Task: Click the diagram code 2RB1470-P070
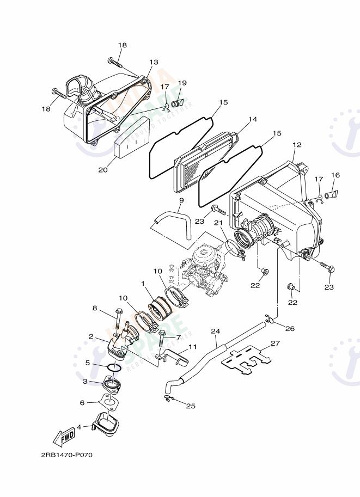[x=66, y=455]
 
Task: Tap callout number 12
[x=297, y=145]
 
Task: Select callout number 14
[x=252, y=119]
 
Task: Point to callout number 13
[x=154, y=63]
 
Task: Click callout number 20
[x=103, y=169]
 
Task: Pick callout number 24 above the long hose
[x=215, y=330]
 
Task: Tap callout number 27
[x=275, y=343]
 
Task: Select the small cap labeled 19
[x=177, y=103]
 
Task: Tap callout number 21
[x=218, y=223]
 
